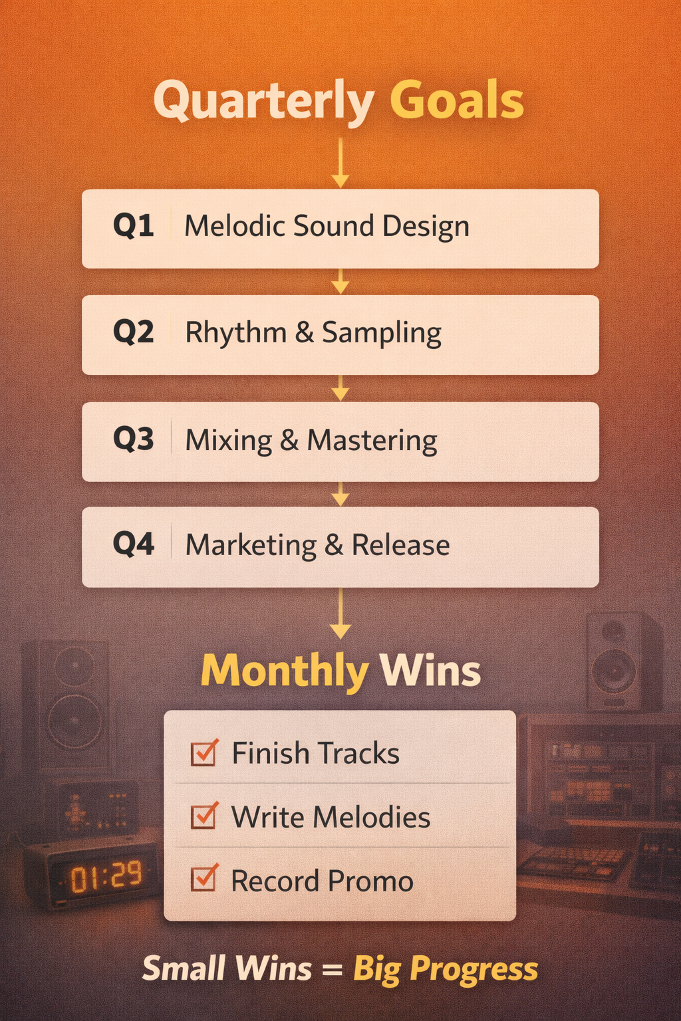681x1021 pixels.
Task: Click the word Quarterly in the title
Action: (263, 101)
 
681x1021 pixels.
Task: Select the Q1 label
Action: (133, 226)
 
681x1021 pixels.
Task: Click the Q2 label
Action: (133, 332)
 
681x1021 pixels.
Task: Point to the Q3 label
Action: (133, 439)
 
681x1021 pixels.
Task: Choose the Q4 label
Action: (133, 544)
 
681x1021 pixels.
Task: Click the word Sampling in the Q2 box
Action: (382, 333)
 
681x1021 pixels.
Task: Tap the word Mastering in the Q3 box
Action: (372, 441)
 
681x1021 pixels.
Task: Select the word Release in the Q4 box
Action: (400, 545)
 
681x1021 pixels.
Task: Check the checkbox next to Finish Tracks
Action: (204, 753)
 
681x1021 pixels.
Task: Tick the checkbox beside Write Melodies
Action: (204, 816)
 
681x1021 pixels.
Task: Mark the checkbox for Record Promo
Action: (204, 879)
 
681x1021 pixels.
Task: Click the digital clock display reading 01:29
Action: (106, 877)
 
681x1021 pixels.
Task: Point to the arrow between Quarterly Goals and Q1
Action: (340, 163)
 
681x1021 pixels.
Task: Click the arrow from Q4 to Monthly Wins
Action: (340, 613)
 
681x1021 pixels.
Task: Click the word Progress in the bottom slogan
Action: (474, 970)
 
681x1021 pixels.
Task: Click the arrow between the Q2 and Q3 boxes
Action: (340, 388)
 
